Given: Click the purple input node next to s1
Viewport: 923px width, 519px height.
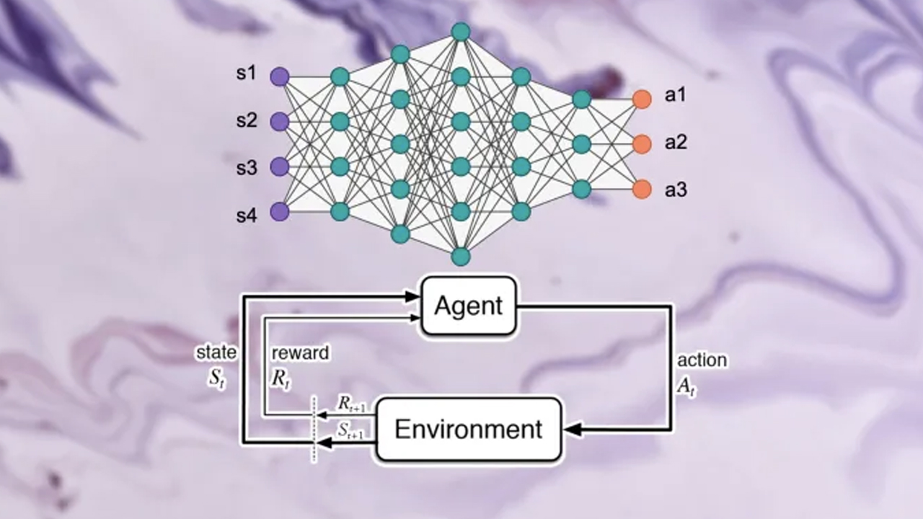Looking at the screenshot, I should point(280,76).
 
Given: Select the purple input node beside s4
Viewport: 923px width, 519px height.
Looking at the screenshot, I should point(280,211).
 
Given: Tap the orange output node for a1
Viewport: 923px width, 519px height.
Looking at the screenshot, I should point(642,99).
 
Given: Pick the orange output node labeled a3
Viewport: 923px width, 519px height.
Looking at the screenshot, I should point(642,189).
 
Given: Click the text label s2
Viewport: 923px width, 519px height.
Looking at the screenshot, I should point(247,120).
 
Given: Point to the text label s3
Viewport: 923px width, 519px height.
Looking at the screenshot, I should point(247,168).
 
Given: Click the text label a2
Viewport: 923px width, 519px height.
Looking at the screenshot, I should point(676,143).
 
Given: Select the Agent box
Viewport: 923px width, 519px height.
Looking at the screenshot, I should point(469,306).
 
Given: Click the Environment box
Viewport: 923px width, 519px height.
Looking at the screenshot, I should point(469,429).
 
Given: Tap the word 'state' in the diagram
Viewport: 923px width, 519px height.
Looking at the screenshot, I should point(216,352).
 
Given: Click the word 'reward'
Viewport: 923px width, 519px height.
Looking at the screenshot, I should point(300,352).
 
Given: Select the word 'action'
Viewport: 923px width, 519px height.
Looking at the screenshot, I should point(702,360).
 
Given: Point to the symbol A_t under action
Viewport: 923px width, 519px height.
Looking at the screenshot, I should point(685,385).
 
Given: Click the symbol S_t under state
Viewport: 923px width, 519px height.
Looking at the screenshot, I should point(217,379).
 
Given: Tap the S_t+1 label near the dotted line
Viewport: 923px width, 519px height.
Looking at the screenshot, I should point(352,430).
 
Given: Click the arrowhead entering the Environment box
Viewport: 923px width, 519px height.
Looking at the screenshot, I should point(572,430).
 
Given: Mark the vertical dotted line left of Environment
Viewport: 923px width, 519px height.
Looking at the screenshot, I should point(314,429).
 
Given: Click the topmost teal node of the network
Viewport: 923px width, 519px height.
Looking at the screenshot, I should point(461,32).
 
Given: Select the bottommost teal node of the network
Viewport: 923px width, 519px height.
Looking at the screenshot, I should point(461,256).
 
